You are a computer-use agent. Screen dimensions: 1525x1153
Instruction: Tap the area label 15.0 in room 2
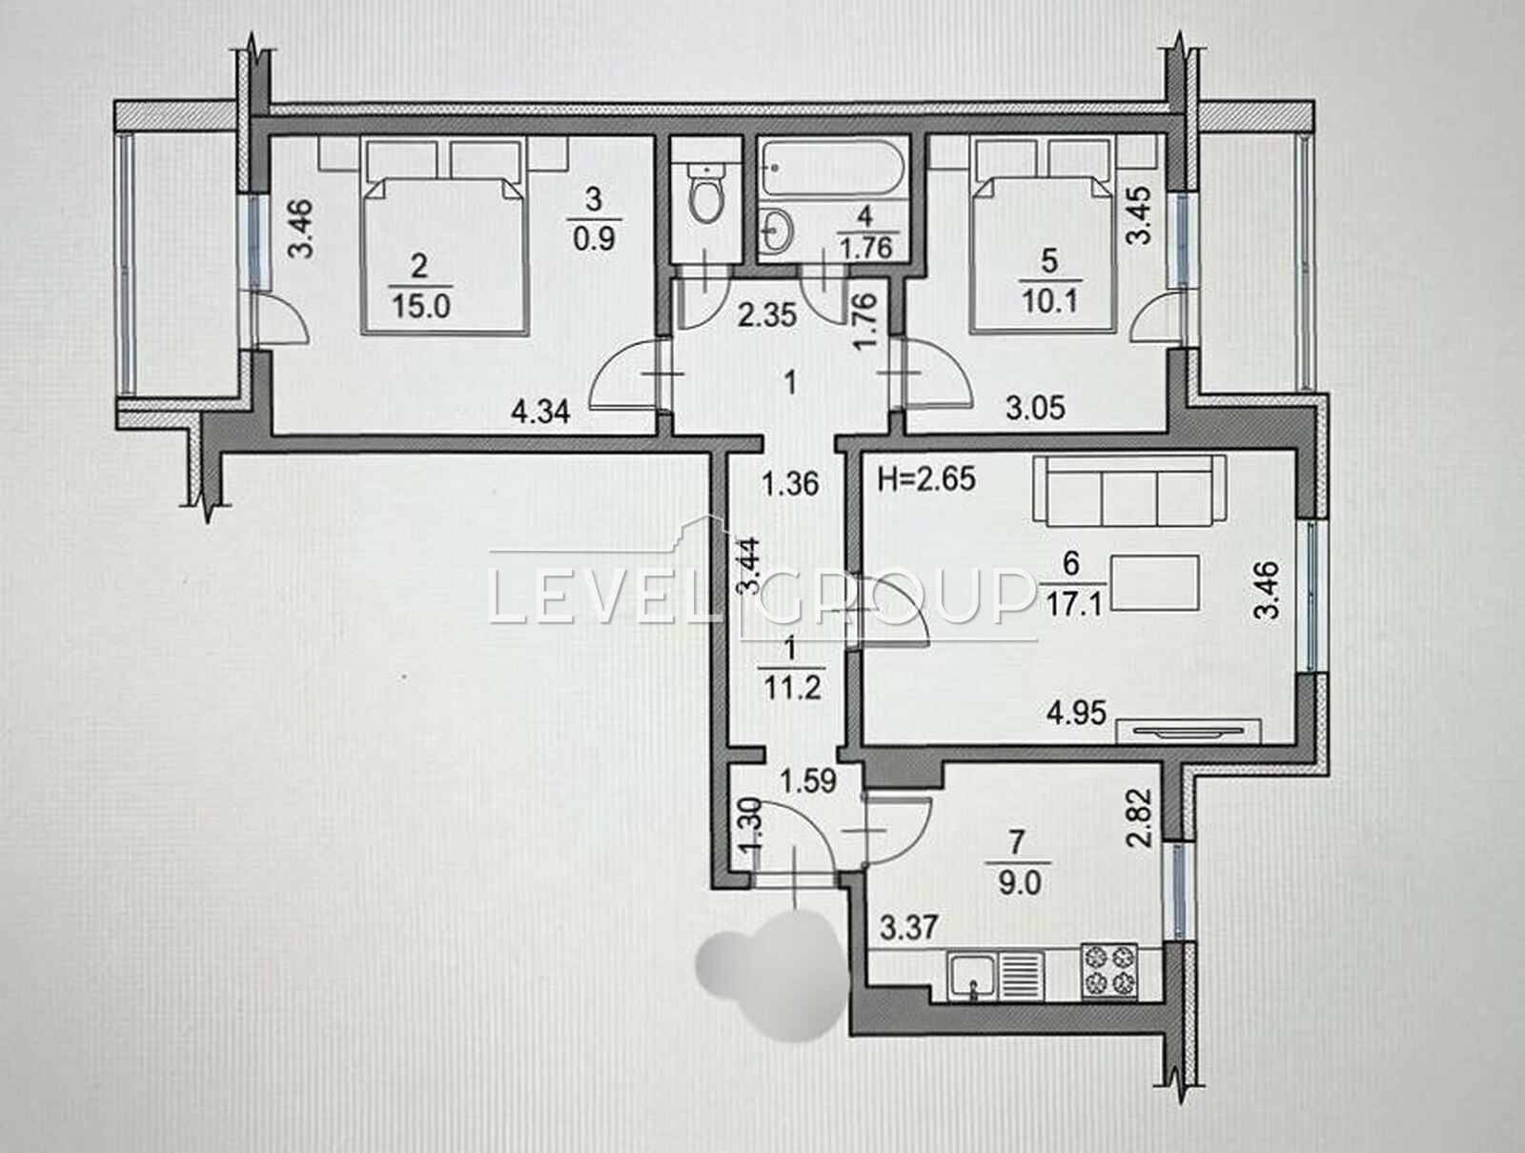[x=421, y=306]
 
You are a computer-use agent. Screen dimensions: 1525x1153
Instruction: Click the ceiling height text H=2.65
[x=926, y=479]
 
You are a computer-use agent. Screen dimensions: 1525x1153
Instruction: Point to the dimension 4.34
[x=540, y=412]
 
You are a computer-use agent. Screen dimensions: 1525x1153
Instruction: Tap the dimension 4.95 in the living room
[x=1076, y=714]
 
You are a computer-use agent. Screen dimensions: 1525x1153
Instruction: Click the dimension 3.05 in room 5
[x=1035, y=409]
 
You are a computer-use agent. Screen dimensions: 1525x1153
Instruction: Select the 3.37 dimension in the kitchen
[x=909, y=926]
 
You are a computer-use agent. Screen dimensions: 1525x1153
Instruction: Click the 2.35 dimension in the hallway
[x=767, y=316]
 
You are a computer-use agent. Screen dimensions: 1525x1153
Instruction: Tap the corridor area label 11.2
[x=792, y=690]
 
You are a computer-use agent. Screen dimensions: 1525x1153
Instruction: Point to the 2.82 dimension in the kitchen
[x=1141, y=818]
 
